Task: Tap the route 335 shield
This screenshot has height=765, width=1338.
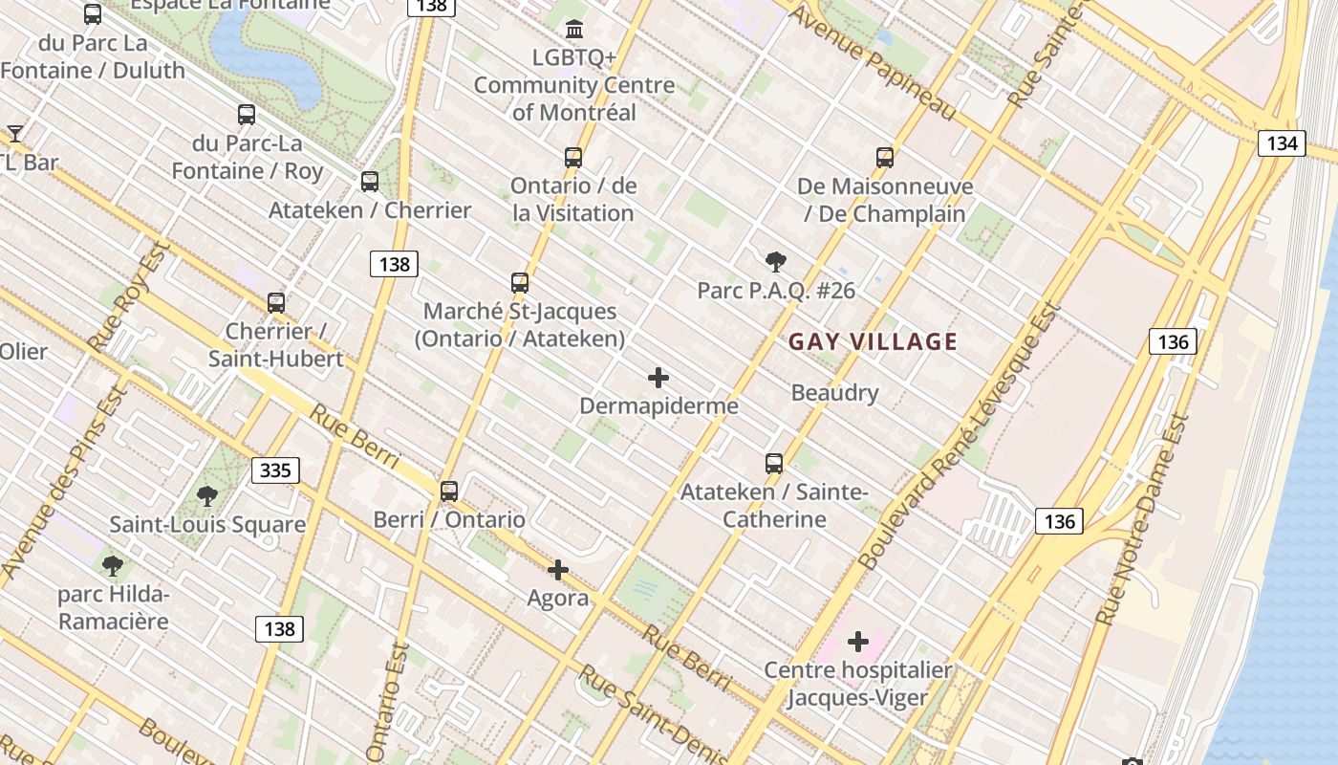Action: pyautogui.click(x=275, y=470)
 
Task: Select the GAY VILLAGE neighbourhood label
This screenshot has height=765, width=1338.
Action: pyautogui.click(x=873, y=341)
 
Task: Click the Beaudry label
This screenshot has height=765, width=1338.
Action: pyautogui.click(x=834, y=392)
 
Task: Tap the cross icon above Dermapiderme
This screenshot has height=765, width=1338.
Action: pyautogui.click(x=658, y=378)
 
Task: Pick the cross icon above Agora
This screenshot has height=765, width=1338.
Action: pyautogui.click(x=558, y=571)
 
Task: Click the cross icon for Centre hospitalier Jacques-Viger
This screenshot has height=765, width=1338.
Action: pyautogui.click(x=858, y=642)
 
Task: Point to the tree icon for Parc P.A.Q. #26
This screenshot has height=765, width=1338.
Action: pyautogui.click(x=776, y=262)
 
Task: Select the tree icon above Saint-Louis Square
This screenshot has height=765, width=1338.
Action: pyautogui.click(x=207, y=496)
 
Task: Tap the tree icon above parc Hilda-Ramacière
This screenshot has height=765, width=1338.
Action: pyautogui.click(x=113, y=566)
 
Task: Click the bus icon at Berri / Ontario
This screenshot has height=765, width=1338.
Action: pyautogui.click(x=449, y=492)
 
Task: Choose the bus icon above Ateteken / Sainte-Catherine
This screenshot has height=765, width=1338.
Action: pyautogui.click(x=774, y=464)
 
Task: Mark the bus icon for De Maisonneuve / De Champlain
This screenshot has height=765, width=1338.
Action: pyautogui.click(x=885, y=158)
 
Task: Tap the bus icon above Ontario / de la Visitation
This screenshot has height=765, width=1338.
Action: pyautogui.click(x=573, y=158)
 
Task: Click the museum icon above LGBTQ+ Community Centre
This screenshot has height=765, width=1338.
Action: pyautogui.click(x=574, y=30)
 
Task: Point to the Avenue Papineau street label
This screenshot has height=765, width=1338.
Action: pyautogui.click(x=872, y=63)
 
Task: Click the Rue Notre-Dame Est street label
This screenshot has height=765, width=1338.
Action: pyautogui.click(x=1143, y=521)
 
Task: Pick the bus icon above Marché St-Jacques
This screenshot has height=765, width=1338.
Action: pyautogui.click(x=520, y=283)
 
